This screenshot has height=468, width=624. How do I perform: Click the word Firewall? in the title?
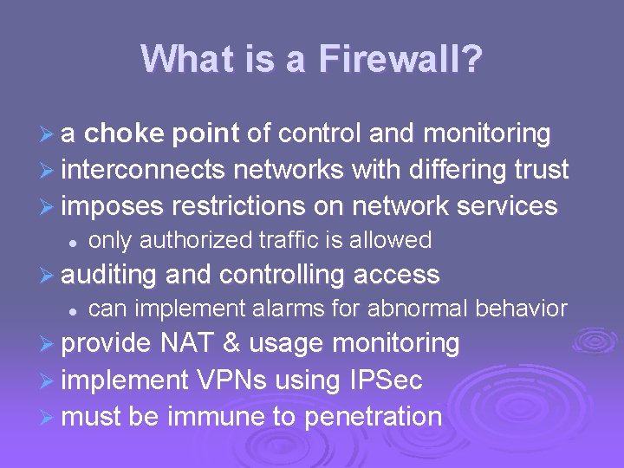coord(400,59)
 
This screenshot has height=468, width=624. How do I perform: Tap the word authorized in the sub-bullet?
coord(192,239)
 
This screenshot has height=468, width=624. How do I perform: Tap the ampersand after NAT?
coord(231,343)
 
